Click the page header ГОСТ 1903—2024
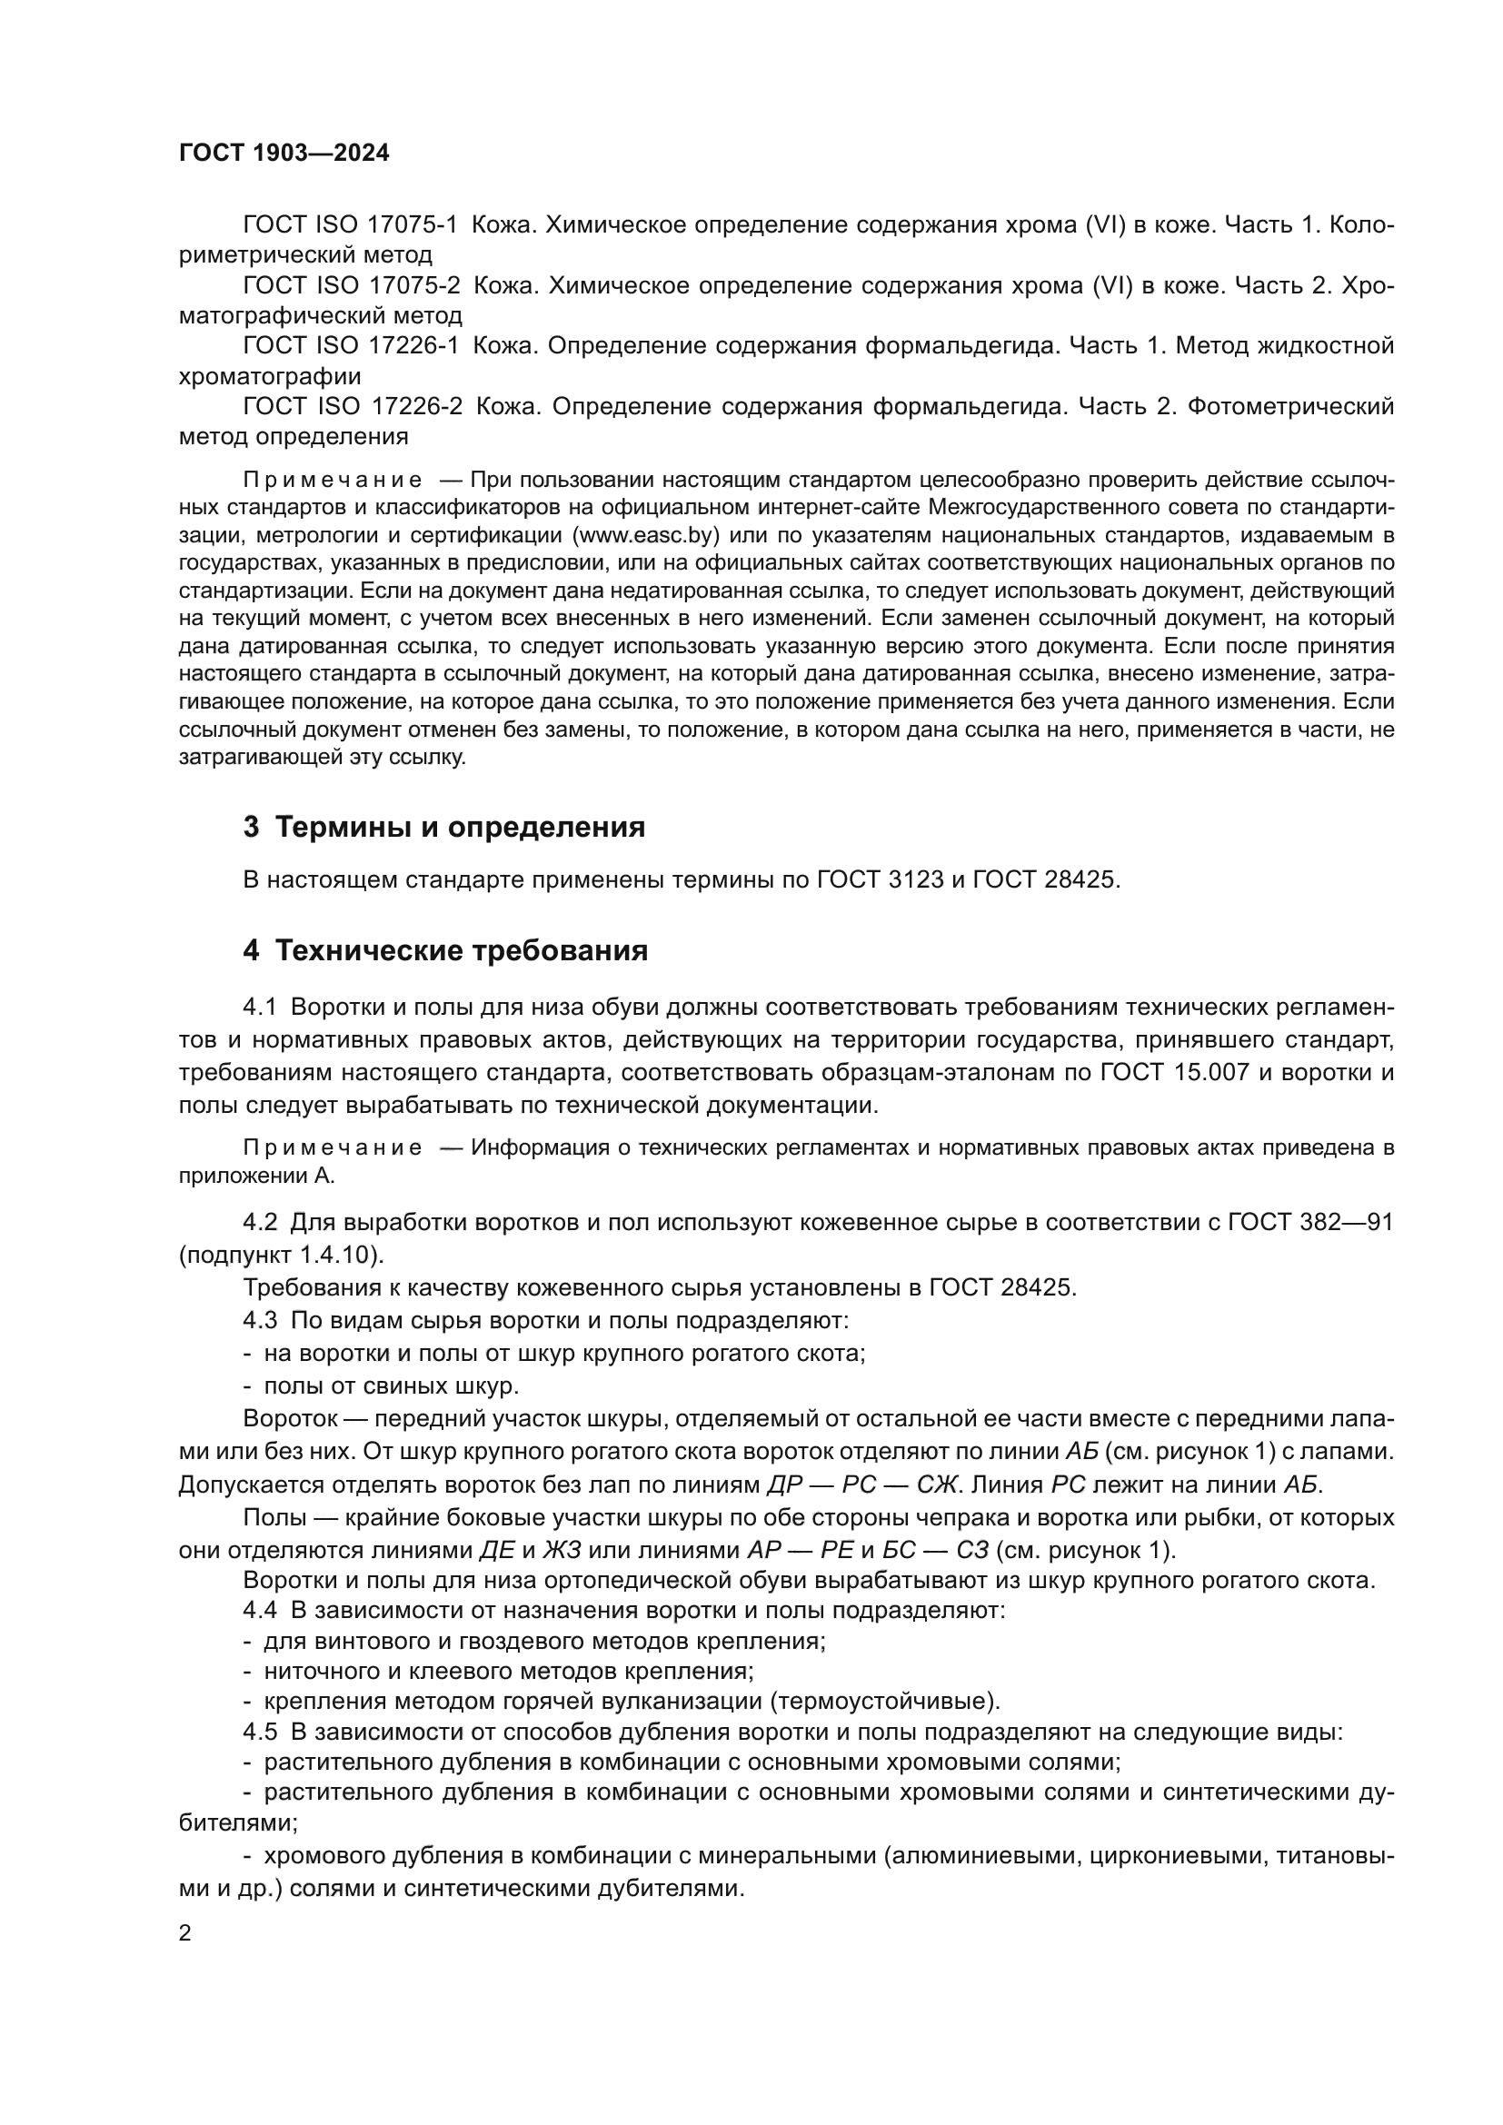pos(284,154)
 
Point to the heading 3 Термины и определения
pos(443,827)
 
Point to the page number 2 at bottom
pos(185,1933)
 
